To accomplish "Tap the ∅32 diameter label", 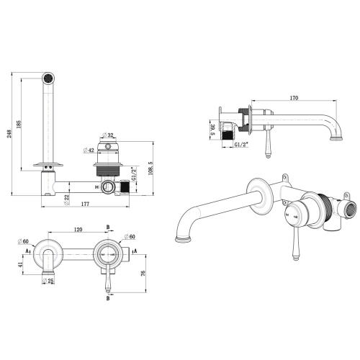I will [110, 135].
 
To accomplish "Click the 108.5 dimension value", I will [148, 168].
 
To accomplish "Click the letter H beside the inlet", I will [96, 187].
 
